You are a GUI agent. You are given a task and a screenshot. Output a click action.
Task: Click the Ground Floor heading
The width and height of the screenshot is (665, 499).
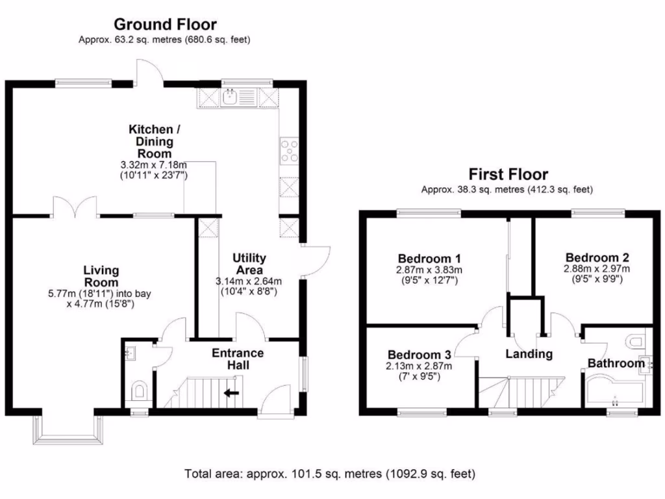[x=165, y=24]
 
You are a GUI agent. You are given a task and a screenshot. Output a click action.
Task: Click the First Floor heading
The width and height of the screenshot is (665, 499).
[x=508, y=174]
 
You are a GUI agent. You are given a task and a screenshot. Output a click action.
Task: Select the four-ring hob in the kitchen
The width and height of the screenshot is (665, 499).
[x=289, y=151]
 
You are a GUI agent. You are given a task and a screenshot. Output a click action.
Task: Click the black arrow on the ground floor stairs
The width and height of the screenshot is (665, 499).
[x=232, y=393]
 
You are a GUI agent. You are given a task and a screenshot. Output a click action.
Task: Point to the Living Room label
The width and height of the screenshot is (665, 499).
[x=101, y=275]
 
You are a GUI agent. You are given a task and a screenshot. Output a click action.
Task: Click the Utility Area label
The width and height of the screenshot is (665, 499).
[x=249, y=264]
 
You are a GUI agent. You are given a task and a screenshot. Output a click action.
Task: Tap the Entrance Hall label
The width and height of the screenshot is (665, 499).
[x=238, y=359]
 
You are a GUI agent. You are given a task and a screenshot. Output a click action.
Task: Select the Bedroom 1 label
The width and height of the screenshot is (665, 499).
[x=429, y=259]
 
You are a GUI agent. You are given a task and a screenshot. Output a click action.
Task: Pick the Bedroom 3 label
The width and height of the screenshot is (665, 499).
[x=419, y=355]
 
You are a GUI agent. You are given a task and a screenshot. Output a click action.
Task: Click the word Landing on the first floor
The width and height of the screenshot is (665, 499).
[x=529, y=354]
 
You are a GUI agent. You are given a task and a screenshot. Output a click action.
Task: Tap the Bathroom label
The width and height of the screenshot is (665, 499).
[x=616, y=363]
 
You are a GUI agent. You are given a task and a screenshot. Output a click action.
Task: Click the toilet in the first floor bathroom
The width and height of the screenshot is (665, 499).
[x=636, y=340]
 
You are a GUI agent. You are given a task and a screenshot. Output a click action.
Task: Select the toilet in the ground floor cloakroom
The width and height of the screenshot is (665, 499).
[x=139, y=390]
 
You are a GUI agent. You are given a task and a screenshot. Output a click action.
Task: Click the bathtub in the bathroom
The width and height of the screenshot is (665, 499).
[x=614, y=391]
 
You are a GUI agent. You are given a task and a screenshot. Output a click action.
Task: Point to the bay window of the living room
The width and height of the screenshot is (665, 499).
[x=68, y=429]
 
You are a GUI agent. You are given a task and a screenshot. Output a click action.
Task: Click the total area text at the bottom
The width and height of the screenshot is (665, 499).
[x=329, y=474]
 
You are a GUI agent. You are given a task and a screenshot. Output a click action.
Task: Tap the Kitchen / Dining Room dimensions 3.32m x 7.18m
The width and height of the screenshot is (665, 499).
[x=153, y=164]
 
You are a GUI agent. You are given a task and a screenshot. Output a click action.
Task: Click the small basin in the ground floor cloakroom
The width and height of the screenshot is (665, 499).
[x=130, y=353]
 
